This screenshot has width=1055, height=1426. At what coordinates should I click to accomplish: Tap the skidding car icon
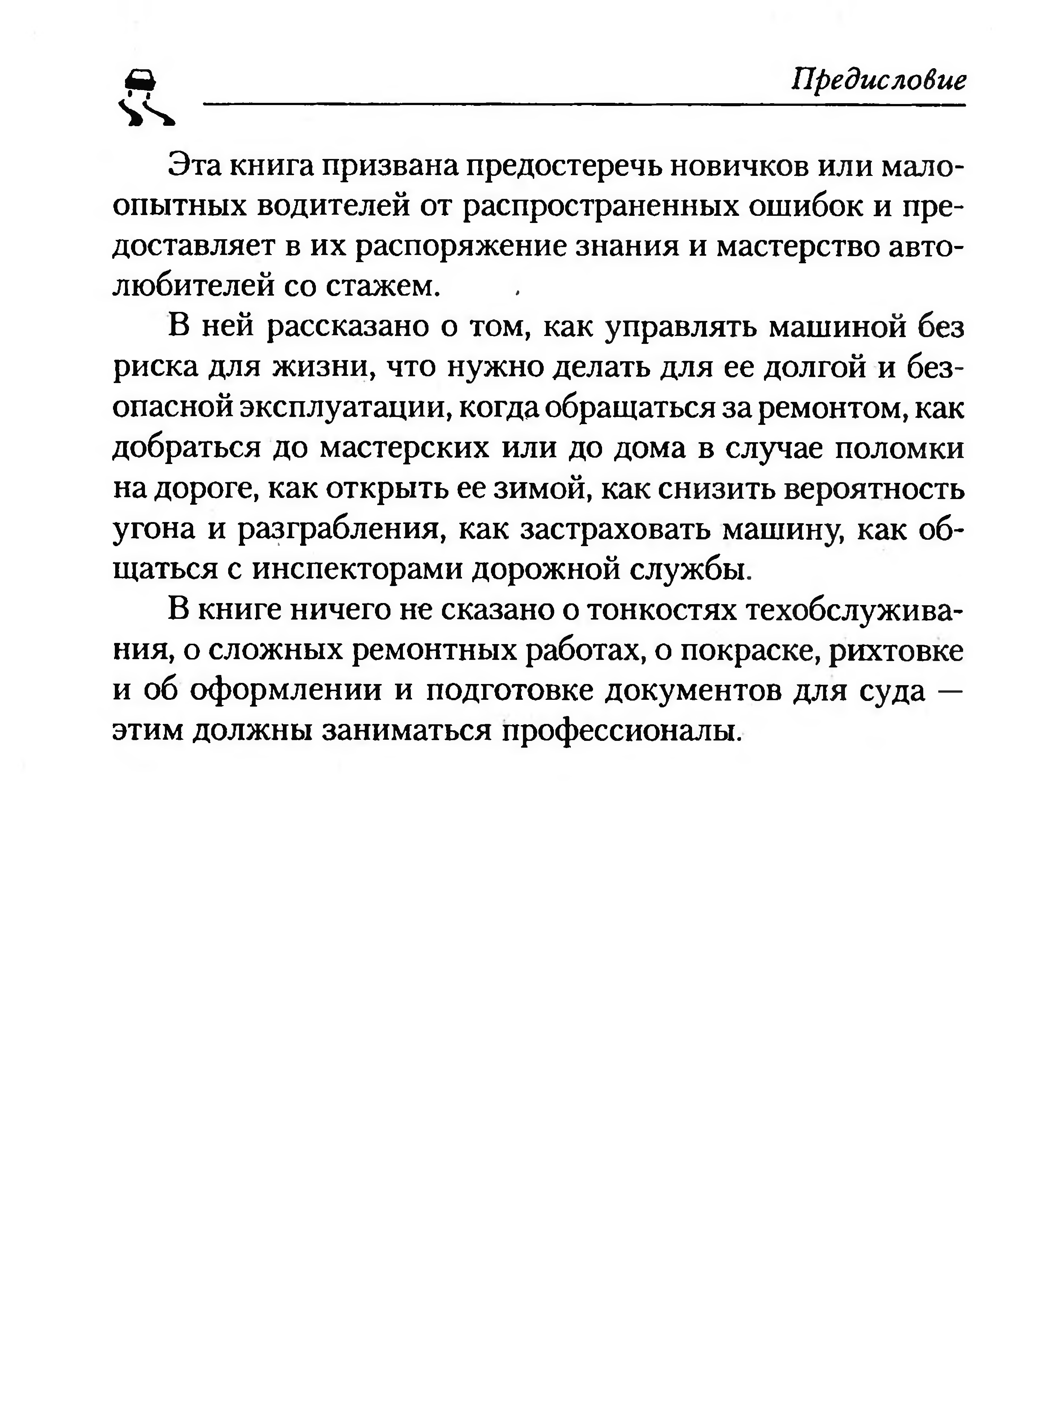[145, 98]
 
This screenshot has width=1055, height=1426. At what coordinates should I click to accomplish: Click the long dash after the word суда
[951, 691]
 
